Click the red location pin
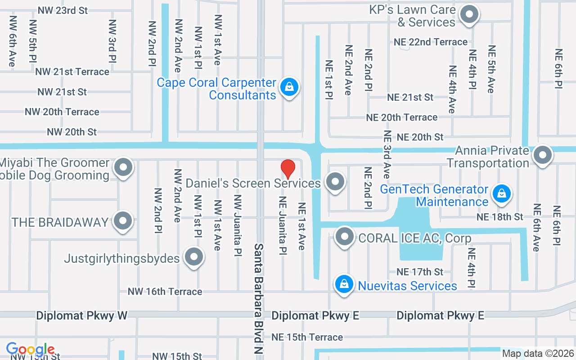coord(288,169)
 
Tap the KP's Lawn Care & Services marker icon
coord(469,14)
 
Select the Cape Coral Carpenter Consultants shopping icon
coord(289,87)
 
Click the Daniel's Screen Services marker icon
coord(334,182)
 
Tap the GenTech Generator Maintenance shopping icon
coord(500,194)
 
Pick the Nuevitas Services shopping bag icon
coord(344,284)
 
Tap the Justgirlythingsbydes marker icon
coord(194,257)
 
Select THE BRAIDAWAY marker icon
coord(122,221)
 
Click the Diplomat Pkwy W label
coord(82,315)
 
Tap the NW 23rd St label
coord(63,10)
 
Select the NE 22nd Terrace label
coord(431,42)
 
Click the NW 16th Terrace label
coord(165,292)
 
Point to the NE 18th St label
coord(500,217)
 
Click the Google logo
coord(30,349)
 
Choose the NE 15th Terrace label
coord(307,337)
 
